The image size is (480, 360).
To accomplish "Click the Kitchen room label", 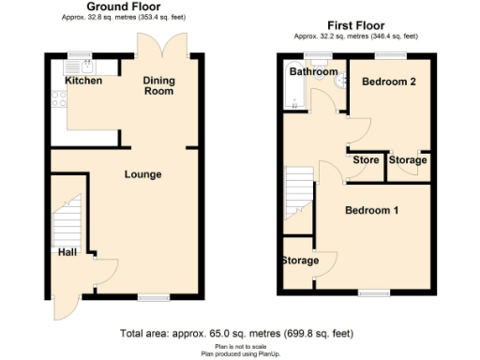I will click(x=83, y=81).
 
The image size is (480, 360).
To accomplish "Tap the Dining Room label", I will click(x=158, y=86).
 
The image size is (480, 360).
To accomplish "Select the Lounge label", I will click(x=142, y=174).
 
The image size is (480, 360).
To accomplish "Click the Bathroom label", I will click(x=312, y=72).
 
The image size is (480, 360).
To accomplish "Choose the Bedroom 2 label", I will click(x=388, y=82).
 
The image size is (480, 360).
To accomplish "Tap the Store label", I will click(x=366, y=160).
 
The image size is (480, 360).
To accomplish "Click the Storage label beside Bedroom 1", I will click(x=300, y=260).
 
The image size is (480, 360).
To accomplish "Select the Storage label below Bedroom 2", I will click(x=408, y=160).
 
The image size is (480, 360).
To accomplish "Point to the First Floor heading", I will click(x=358, y=25).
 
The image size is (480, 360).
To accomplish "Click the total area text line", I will click(x=238, y=334).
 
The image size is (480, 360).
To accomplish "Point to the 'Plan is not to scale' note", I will click(x=238, y=346).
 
